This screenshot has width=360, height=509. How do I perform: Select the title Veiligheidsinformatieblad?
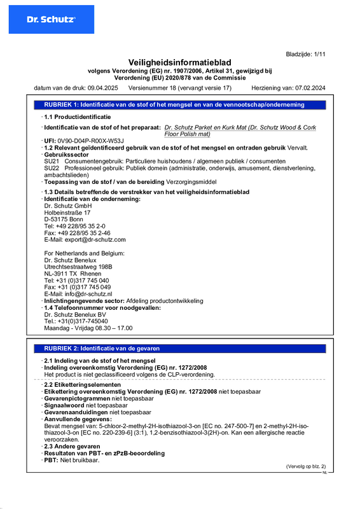click(179, 62)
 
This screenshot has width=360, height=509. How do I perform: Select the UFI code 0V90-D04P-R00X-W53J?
click(91, 141)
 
